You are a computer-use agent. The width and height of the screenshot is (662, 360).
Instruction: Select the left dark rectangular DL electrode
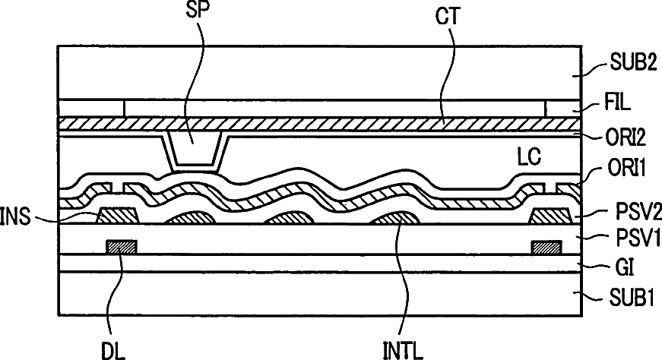click(x=122, y=246)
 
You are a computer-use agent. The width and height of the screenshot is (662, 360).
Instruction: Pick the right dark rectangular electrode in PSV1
click(x=546, y=246)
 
